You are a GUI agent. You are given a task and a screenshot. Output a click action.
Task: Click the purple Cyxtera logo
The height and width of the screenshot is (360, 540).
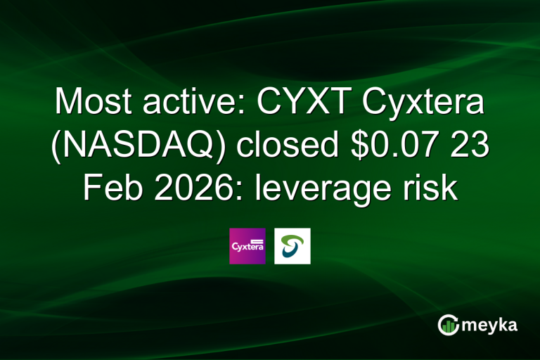247,246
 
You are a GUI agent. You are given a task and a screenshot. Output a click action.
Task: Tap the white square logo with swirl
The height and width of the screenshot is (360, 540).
292,246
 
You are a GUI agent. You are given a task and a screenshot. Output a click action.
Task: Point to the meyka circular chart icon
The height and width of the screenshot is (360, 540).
448,324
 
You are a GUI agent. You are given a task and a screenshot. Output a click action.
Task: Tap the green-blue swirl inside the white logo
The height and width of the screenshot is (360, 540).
292,246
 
